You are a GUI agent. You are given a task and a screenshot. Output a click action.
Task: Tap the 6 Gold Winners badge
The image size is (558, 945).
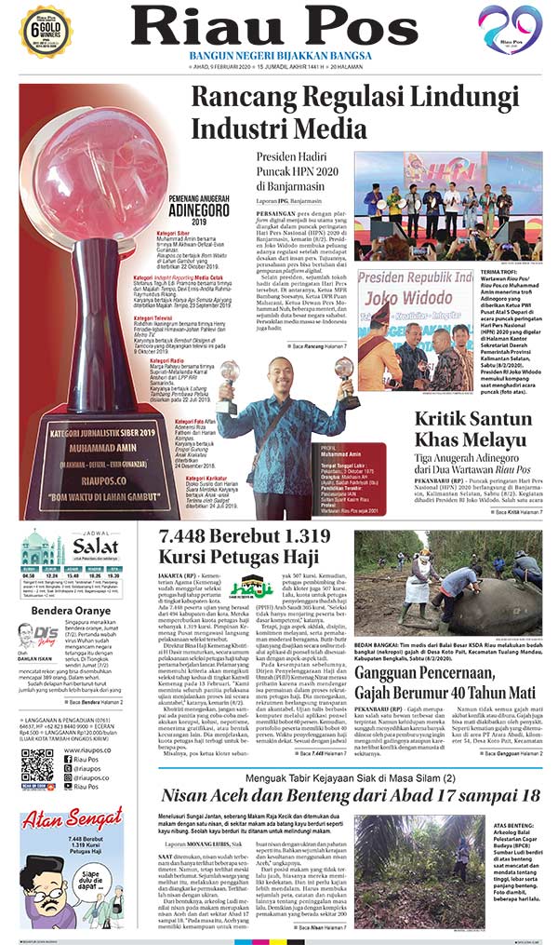tap(46, 29)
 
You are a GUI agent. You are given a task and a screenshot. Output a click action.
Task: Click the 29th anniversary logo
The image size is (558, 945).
tap(510, 28)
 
